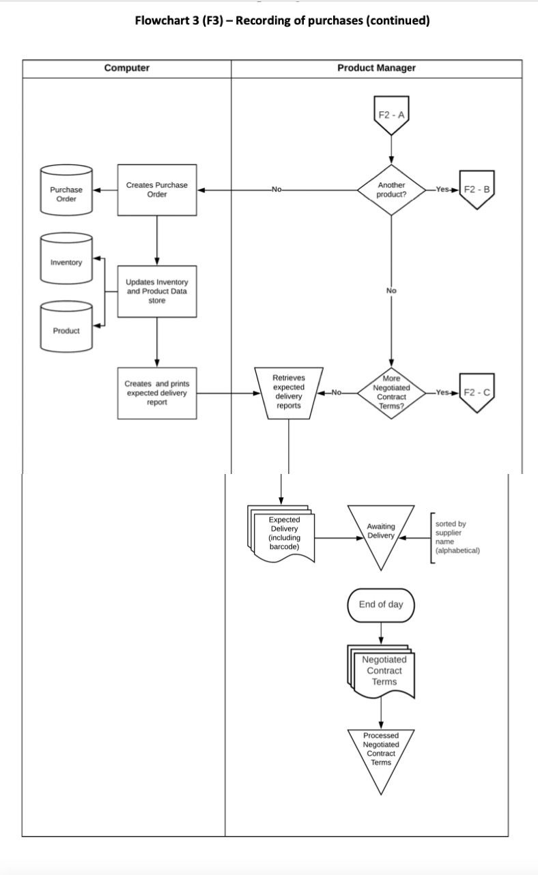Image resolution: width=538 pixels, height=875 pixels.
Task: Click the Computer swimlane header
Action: coord(126,68)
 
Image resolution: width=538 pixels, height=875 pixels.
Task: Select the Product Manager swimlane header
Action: coord(376,68)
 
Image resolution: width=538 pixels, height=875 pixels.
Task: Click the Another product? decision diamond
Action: coord(391,190)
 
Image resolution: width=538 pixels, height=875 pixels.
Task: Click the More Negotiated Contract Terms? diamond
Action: coord(391,392)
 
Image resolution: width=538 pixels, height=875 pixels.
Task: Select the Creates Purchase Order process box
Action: coord(157,190)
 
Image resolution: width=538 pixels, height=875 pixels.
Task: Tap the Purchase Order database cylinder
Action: coord(66,194)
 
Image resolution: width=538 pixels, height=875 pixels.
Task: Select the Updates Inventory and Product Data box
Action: coord(157,291)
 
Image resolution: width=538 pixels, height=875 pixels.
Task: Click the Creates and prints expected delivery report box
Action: coord(157,393)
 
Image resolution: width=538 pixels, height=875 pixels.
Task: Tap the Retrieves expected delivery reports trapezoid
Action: coord(289,392)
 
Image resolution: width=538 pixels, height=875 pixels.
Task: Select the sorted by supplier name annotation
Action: coord(456,537)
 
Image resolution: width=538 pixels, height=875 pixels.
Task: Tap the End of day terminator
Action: coord(381,605)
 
